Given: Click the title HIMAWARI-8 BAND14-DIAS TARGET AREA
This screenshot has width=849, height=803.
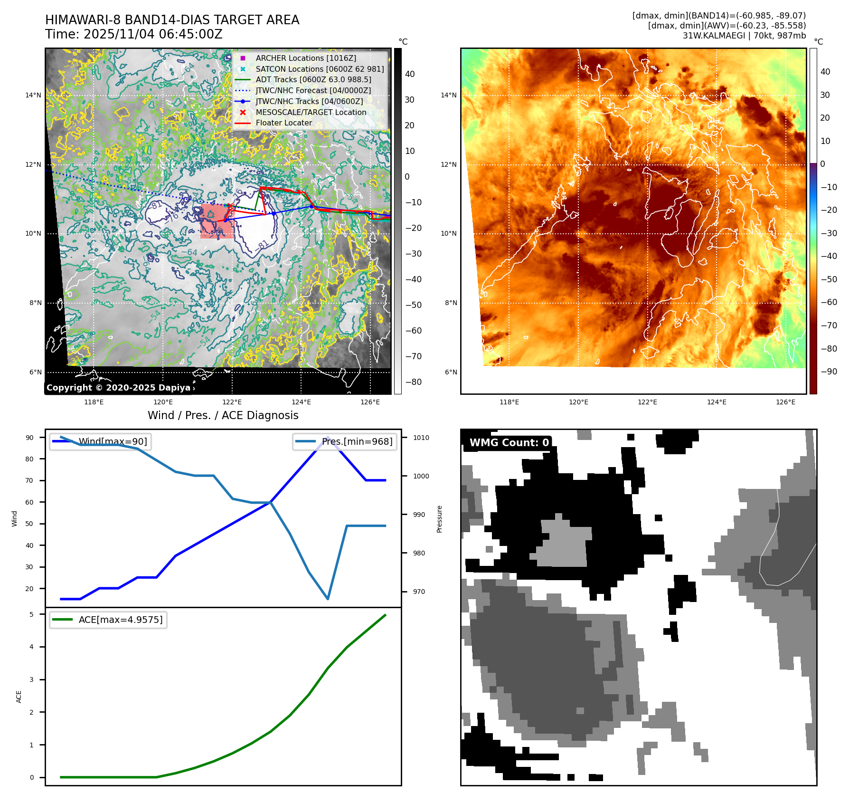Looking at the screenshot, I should tap(172, 20).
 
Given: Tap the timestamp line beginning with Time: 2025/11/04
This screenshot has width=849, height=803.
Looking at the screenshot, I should tap(133, 34).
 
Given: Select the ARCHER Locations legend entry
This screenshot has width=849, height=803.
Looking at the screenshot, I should tap(305, 58).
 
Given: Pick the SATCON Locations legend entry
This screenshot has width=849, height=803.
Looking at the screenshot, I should tap(319, 69).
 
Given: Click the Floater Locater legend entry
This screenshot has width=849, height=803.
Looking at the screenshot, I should tap(283, 123).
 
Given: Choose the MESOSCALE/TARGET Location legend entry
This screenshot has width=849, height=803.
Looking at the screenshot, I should tap(311, 112).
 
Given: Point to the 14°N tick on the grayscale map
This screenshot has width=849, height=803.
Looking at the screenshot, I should tap(33, 95).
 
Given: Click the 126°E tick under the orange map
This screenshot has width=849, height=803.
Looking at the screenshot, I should tap(785, 402).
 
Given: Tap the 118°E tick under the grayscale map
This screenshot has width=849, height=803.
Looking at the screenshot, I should tap(94, 402).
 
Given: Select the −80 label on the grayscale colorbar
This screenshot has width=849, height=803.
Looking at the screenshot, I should tap(413, 382).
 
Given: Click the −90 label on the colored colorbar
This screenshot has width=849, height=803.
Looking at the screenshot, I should tap(829, 372).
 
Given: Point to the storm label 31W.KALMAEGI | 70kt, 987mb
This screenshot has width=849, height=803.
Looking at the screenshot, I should tap(744, 36).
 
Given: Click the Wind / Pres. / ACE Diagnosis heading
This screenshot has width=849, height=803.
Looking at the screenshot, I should tap(223, 415).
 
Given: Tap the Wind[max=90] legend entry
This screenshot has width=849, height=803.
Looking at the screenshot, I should tap(113, 441).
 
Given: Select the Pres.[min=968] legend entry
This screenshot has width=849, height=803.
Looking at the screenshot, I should tap(357, 441).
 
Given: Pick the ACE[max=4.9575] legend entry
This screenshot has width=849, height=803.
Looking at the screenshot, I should tap(120, 620).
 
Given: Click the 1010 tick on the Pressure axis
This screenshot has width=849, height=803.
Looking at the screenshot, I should tap(421, 438).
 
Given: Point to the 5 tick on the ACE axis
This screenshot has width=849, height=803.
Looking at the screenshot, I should tap(32, 614).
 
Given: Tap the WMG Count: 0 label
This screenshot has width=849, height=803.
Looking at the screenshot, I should tap(509, 443).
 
